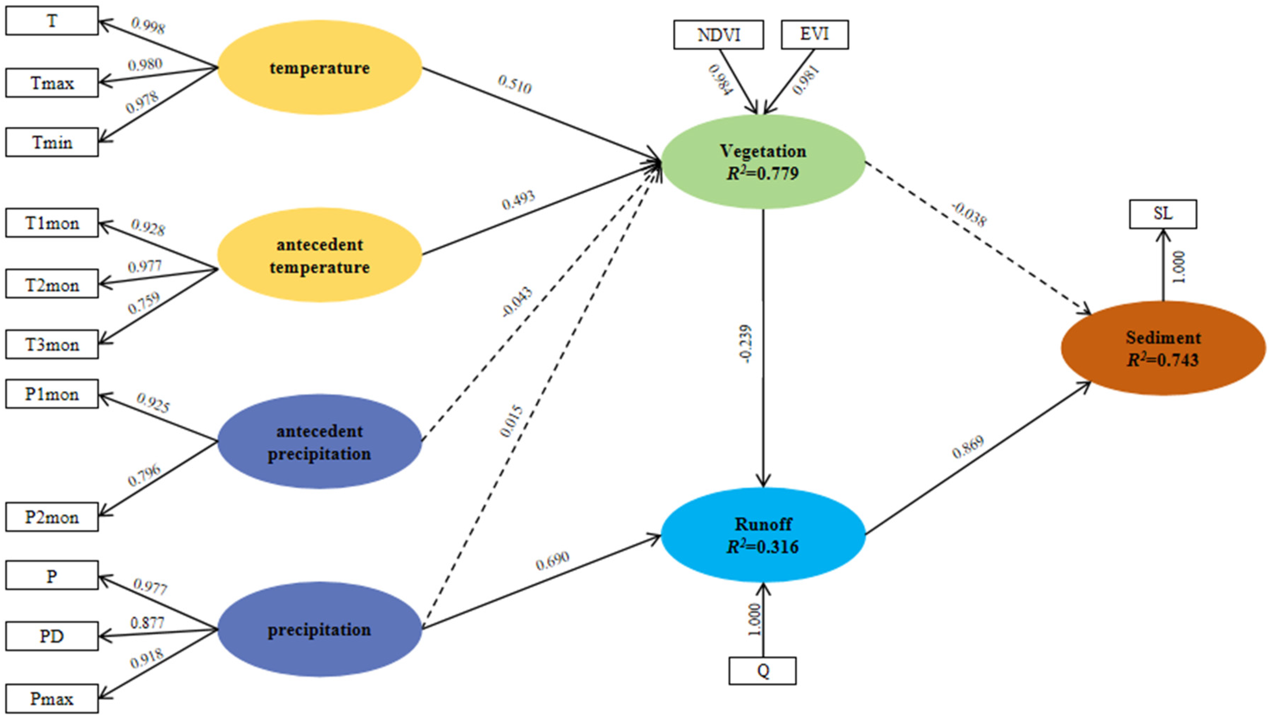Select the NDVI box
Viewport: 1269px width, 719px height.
tap(718, 34)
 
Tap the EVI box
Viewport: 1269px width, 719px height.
tap(814, 34)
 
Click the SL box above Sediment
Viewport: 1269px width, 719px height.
tap(1162, 214)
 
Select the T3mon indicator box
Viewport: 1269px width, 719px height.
tap(52, 344)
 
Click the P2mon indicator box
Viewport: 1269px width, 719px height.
tap(52, 517)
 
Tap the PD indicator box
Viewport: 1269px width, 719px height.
tap(52, 636)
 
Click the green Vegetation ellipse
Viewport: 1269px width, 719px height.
tap(763, 162)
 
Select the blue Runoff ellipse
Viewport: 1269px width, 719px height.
tap(763, 535)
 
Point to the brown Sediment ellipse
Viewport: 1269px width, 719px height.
tap(1162, 348)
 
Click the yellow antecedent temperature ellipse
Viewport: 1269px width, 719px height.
tap(320, 255)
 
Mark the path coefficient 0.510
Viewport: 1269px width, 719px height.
tap(515, 84)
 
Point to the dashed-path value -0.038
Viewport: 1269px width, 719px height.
tap(969, 214)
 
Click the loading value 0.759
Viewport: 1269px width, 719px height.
tap(144, 303)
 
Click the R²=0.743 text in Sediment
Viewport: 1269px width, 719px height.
tap(1162, 360)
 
